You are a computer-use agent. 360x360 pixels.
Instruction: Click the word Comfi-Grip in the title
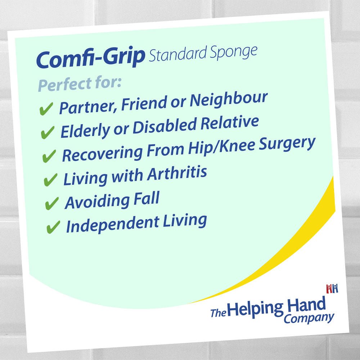click(91, 58)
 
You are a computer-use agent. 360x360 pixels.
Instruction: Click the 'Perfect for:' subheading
click(80, 84)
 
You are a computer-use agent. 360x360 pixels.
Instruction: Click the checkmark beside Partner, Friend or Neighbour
click(46, 109)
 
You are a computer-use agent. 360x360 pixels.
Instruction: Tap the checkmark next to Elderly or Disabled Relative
click(48, 132)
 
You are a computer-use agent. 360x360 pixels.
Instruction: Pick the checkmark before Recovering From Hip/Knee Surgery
click(49, 156)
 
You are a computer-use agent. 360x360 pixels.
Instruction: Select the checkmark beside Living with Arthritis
click(50, 180)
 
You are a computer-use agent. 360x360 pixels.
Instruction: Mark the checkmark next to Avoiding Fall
click(52, 203)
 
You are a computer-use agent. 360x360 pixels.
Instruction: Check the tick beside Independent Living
click(53, 227)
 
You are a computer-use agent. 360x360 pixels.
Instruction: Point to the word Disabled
click(165, 126)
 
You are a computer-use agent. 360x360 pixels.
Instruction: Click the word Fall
click(147, 199)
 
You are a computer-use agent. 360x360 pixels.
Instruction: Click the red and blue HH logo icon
click(332, 289)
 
